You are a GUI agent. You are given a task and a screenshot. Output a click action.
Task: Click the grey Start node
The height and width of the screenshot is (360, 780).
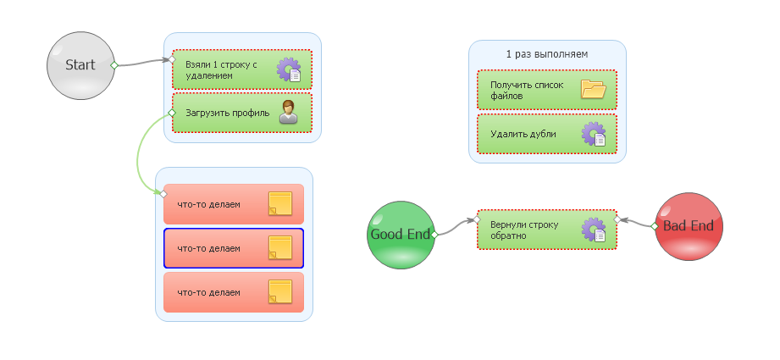point(80,65)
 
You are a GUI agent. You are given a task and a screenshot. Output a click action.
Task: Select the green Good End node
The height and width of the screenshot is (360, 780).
point(401,235)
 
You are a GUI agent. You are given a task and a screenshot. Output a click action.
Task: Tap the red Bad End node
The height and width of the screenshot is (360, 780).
point(689,226)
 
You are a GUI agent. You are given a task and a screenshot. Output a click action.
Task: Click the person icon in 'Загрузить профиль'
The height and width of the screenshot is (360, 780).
point(289,112)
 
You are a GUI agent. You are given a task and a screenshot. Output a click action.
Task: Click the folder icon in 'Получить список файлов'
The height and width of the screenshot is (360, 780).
point(593,89)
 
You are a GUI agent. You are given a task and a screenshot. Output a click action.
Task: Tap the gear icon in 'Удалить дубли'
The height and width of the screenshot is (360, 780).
point(594,134)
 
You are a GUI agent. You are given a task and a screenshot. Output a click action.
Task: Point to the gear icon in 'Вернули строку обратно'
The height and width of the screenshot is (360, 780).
point(594,230)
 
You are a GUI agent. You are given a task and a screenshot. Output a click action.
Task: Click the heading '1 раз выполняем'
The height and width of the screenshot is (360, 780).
point(547,54)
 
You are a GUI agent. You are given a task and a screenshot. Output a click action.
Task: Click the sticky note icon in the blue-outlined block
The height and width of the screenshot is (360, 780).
point(280,248)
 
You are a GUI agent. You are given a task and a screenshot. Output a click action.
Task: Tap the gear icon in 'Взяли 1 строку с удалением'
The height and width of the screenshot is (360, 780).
point(289,69)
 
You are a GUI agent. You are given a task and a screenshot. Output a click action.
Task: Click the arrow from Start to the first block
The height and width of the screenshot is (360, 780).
point(141,64)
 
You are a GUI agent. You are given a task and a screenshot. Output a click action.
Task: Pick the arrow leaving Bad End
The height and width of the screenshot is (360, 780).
point(637,224)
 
